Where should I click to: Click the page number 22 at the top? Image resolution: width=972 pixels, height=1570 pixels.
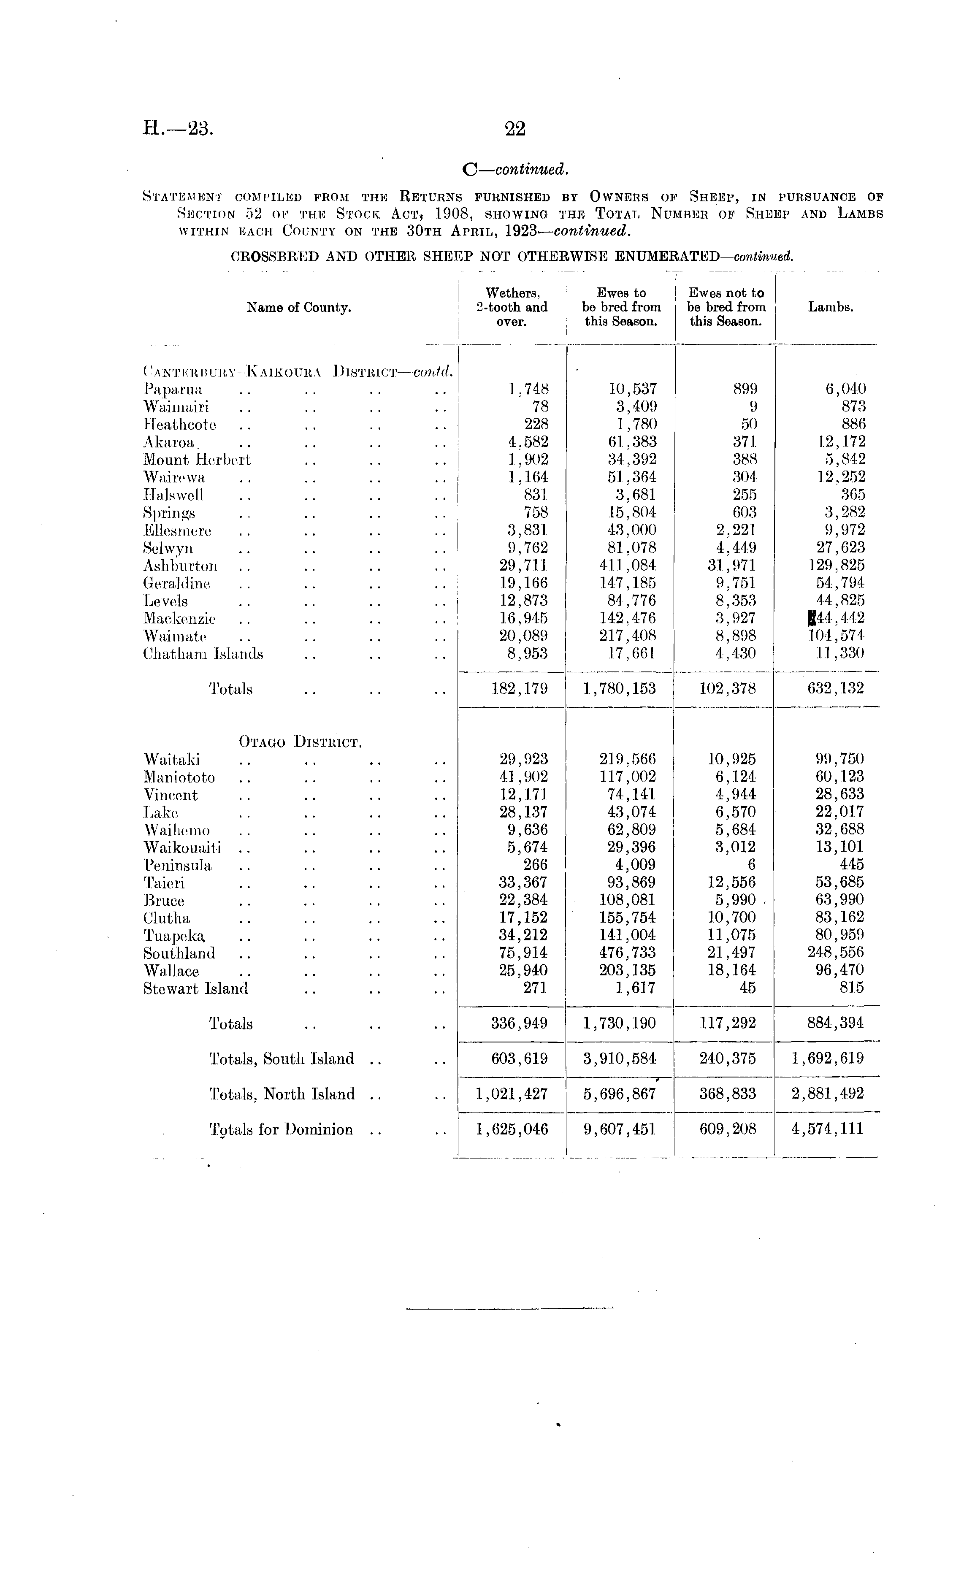(516, 129)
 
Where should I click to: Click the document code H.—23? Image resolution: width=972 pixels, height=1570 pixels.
(177, 129)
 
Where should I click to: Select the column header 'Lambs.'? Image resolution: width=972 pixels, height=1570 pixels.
(831, 308)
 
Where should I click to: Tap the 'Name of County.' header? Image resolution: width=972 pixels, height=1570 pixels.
(299, 308)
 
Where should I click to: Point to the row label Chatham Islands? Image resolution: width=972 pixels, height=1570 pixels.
(203, 654)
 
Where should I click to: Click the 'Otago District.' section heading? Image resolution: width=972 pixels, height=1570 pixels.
(300, 742)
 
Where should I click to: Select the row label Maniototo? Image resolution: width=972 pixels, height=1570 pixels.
(179, 777)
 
